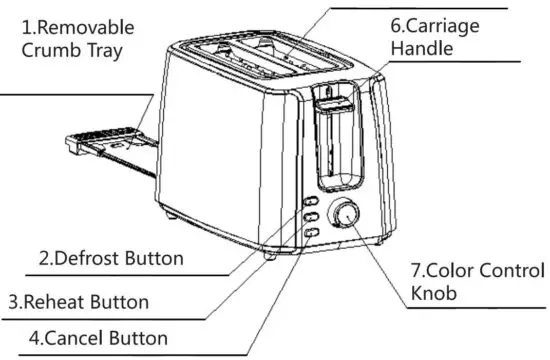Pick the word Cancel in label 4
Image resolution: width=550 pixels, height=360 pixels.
click(75, 338)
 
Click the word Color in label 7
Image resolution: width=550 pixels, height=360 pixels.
click(447, 270)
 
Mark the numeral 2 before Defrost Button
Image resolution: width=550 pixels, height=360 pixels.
click(45, 258)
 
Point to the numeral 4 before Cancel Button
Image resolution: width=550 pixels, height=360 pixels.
click(33, 338)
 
